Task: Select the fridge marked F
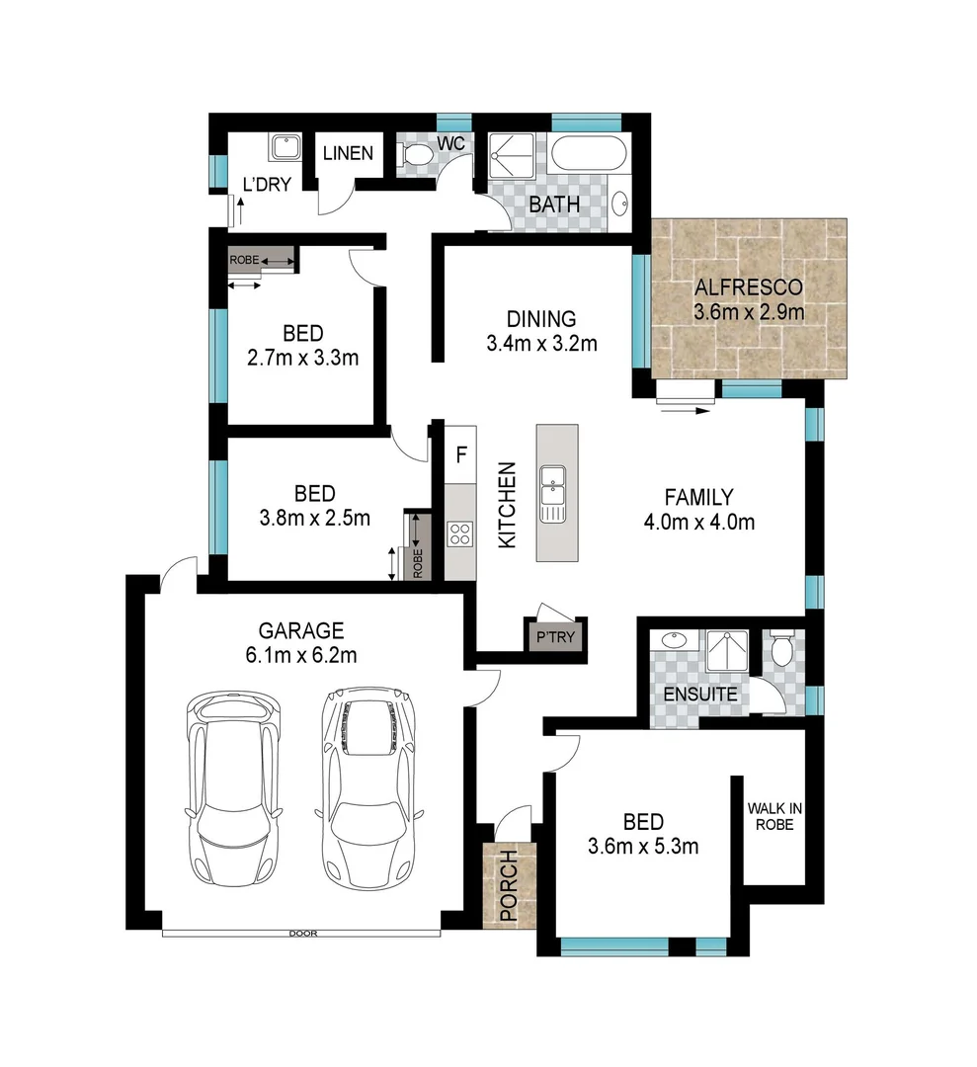pos(459,455)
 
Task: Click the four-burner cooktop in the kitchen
pos(459,533)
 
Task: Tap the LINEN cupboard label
pos(348,153)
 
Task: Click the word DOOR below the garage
pos(302,933)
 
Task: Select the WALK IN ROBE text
pos(774,816)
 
